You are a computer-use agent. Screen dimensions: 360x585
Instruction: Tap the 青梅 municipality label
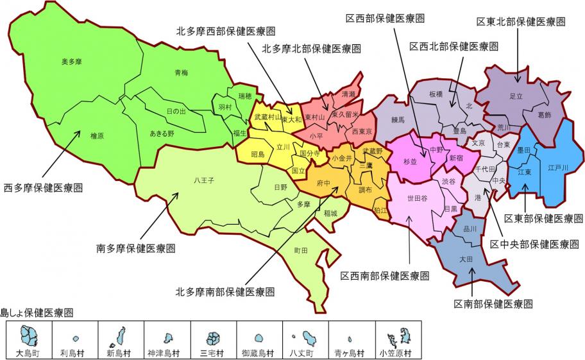pos(182,73)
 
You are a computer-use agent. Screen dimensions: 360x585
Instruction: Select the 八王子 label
pos(203,180)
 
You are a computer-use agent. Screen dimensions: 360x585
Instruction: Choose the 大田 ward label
pos(466,260)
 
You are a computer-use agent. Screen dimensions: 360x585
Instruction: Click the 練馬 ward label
pos(398,119)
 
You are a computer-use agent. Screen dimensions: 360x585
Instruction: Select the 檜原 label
pos(97,136)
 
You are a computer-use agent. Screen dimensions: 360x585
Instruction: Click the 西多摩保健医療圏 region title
pos(44,188)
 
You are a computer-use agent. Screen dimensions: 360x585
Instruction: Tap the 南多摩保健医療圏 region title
pos(136,248)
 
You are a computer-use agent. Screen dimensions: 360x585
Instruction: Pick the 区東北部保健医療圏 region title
pos(521,22)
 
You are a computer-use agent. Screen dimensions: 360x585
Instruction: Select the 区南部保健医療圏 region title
pos(493,304)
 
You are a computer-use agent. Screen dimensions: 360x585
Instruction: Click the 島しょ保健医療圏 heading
pos(37,313)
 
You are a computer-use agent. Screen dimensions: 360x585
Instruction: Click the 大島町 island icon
pos(29,336)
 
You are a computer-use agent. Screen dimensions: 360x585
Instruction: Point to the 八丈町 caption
pos(304,353)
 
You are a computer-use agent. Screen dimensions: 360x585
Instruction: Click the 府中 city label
pos(323,183)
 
